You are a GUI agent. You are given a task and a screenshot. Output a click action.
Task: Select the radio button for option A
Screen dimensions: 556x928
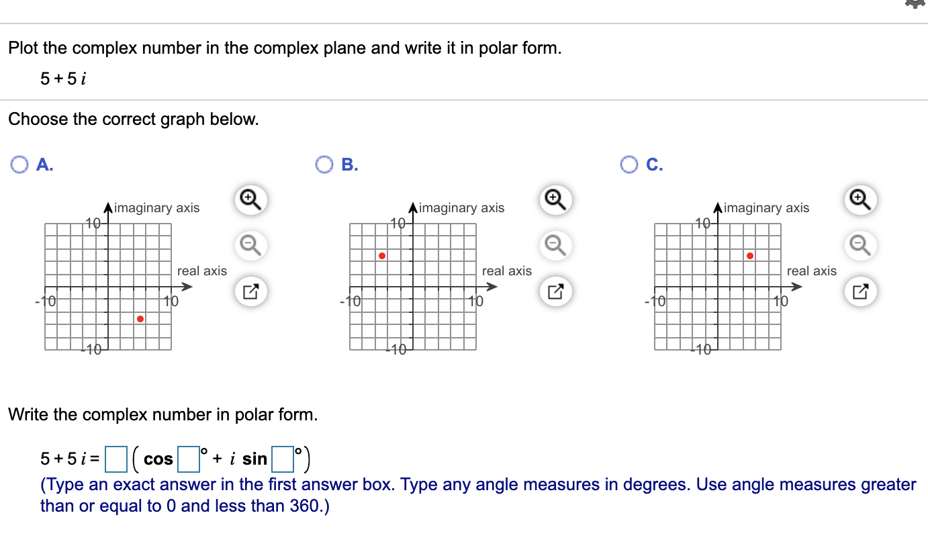[20, 165]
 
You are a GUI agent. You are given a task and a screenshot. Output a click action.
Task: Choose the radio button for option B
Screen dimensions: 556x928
[325, 165]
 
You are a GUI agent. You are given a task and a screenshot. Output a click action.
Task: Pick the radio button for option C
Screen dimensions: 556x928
[630, 165]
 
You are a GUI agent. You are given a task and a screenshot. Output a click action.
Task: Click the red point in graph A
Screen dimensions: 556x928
[140, 319]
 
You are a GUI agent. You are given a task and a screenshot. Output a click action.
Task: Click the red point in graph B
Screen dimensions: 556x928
[381, 256]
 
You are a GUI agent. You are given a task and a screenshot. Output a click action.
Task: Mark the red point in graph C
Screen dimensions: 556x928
[750, 256]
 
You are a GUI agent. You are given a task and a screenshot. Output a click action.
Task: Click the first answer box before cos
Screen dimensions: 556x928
[116, 459]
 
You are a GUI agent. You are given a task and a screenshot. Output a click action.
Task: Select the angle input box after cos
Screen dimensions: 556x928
[189, 459]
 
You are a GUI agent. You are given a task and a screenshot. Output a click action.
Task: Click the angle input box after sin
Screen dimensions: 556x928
[283, 459]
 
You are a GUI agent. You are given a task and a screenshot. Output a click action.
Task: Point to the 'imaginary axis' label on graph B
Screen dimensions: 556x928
[461, 208]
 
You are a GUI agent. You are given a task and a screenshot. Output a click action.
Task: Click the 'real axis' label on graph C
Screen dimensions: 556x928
[811, 271]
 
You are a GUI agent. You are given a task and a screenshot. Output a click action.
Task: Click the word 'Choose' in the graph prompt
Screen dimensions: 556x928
[38, 120]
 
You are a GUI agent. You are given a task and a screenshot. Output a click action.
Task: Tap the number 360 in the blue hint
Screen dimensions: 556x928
[306, 506]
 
